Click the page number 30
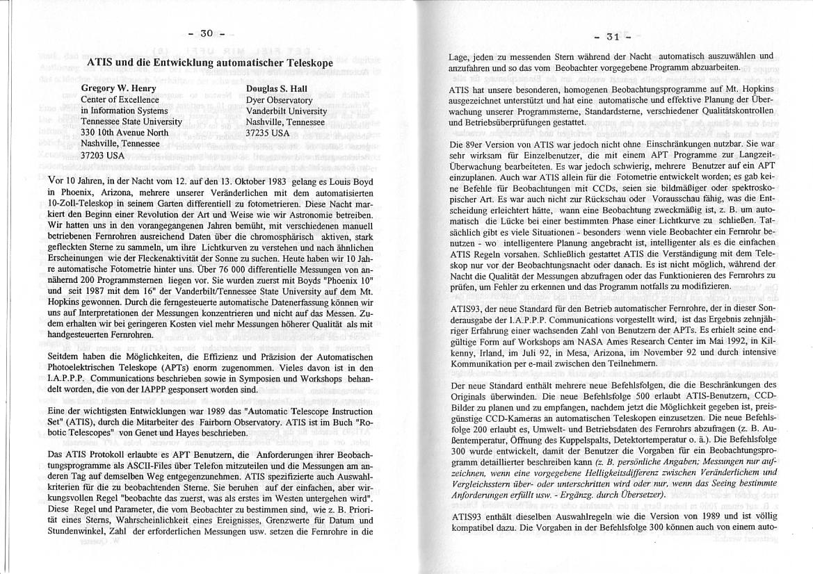[x=206, y=33]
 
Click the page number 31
[x=613, y=38]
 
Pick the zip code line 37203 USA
[x=103, y=156]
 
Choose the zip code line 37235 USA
[x=268, y=133]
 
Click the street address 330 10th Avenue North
[x=124, y=133]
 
